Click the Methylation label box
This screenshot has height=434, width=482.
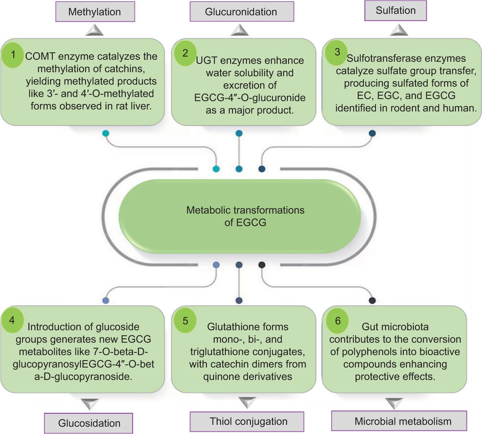click(x=95, y=12)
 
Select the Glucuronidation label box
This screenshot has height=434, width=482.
click(x=241, y=12)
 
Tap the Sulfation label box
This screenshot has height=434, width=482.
click(x=395, y=11)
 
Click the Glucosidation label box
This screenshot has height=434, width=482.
click(x=89, y=423)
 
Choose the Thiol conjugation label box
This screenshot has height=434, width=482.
click(x=247, y=421)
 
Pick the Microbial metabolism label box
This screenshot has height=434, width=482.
click(x=399, y=421)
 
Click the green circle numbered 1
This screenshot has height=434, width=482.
click(x=13, y=55)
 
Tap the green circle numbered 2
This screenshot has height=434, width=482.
click(x=185, y=53)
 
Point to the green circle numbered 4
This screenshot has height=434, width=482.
click(x=12, y=320)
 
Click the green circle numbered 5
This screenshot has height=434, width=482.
click(x=185, y=321)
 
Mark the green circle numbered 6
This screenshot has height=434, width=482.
click(x=337, y=321)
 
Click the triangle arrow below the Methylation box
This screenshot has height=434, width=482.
click(x=95, y=30)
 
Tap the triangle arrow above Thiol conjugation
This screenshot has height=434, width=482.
click(x=247, y=402)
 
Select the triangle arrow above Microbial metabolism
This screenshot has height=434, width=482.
click(x=394, y=403)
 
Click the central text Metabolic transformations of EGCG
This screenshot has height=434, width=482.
click(x=245, y=216)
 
